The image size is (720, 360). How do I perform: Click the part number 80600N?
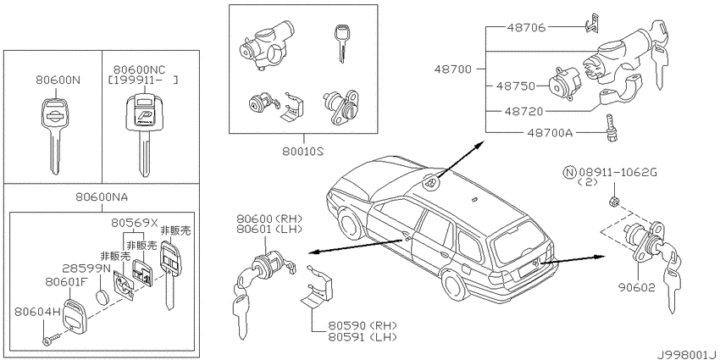pyautogui.click(x=58, y=80)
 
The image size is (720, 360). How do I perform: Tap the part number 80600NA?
pyautogui.click(x=102, y=197)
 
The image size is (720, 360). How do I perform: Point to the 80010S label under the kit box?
pyautogui.click(x=303, y=150)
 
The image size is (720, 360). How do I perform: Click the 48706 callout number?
pyautogui.click(x=526, y=28)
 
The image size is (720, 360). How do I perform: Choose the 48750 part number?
pyautogui.click(x=516, y=86)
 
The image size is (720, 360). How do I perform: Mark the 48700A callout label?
pyautogui.click(x=551, y=133)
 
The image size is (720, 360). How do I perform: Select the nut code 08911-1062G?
pyautogui.click(x=618, y=173)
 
